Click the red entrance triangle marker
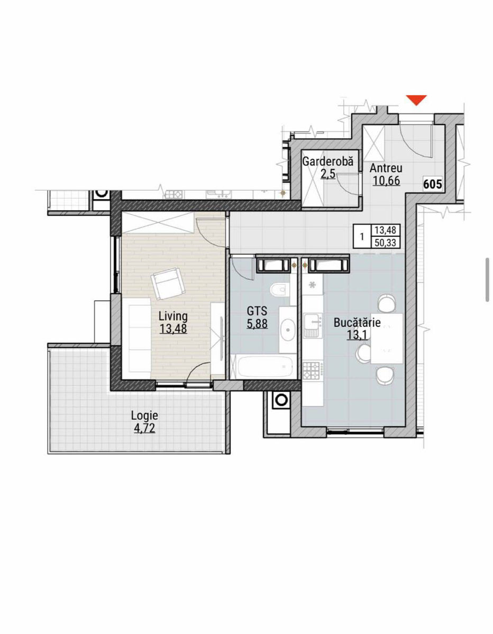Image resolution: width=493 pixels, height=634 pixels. click(x=417, y=100)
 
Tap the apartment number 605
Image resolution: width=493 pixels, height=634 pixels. click(x=433, y=184)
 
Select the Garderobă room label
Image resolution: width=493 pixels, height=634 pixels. click(x=327, y=161)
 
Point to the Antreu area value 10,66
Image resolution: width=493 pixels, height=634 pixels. click(x=386, y=181)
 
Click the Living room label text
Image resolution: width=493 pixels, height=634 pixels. click(x=173, y=316)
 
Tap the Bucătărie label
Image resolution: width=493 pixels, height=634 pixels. click(x=357, y=323)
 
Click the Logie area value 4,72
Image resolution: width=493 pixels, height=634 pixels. click(x=144, y=428)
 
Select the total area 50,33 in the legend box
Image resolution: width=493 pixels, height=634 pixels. click(x=386, y=243)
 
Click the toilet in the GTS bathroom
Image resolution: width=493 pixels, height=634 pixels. click(x=279, y=290)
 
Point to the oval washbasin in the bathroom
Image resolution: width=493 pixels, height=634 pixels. click(x=288, y=330)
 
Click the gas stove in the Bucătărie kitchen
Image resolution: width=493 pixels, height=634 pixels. click(x=313, y=370)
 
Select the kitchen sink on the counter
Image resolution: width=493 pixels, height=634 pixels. click(x=313, y=325)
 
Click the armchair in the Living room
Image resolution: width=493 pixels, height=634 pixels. click(x=168, y=284)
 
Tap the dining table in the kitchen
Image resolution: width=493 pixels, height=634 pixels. click(x=387, y=339)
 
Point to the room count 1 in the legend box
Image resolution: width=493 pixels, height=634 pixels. click(x=362, y=237)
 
